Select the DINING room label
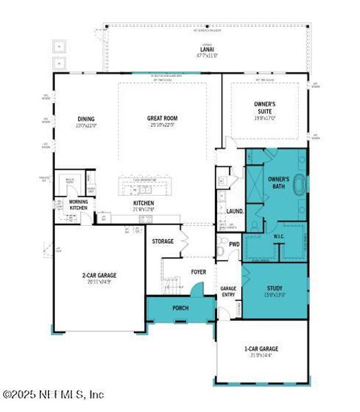click(86, 119)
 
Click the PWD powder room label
click(234, 244)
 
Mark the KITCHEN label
click(144, 203)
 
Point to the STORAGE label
click(163, 242)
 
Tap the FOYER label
click(198, 272)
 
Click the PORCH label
click(180, 308)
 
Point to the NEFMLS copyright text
click(54, 394)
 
